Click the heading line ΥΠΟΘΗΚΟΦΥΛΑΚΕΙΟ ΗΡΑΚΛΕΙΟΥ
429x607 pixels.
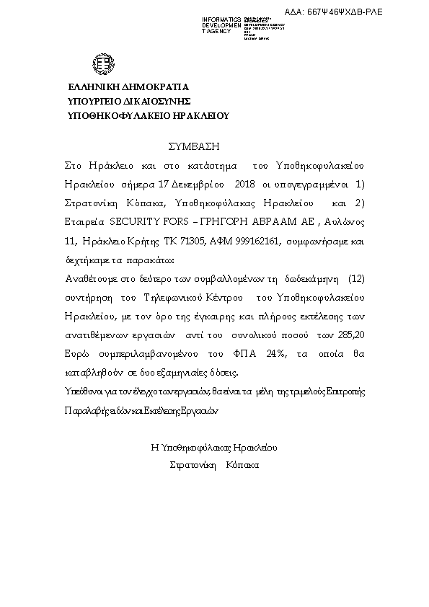[x=147, y=115]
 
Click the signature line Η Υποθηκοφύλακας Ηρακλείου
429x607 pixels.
[x=214, y=447]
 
